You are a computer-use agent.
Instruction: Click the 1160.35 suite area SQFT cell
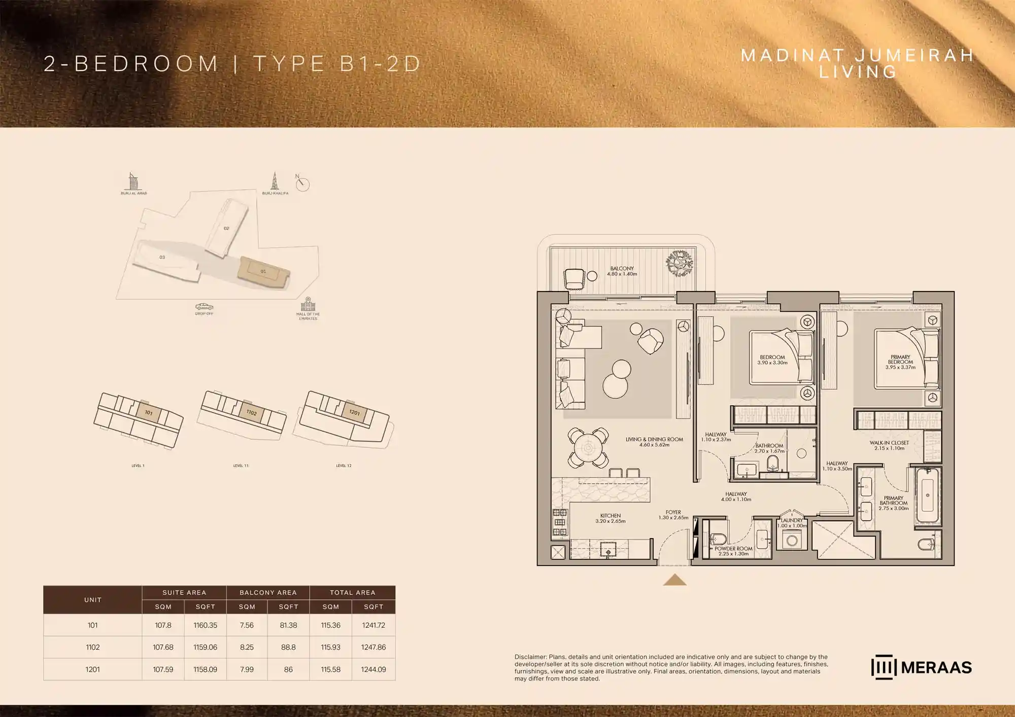(x=205, y=625)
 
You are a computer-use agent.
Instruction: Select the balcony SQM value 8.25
(x=247, y=648)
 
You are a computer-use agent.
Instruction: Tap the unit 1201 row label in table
(x=92, y=670)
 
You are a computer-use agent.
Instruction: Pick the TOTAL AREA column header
(x=352, y=592)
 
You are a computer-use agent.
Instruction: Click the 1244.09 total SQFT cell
(x=374, y=670)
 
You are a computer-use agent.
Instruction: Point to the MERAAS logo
(x=921, y=667)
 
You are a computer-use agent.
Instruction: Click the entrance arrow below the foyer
(x=674, y=580)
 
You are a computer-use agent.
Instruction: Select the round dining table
(x=588, y=448)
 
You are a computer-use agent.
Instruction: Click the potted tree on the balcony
(x=679, y=263)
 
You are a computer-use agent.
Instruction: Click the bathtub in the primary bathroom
(x=927, y=495)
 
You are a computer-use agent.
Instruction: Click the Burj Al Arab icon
(x=132, y=182)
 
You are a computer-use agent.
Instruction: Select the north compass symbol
(x=302, y=184)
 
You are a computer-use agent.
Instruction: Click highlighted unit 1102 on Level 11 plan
(x=251, y=412)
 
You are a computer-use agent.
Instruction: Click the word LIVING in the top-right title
(x=858, y=72)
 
